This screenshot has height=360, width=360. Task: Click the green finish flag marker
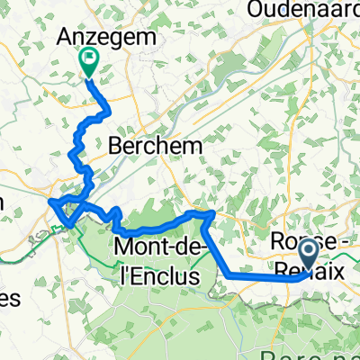click(91, 61)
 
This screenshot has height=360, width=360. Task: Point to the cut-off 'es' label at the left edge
click(9, 301)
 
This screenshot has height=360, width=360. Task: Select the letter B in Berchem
click(116, 144)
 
